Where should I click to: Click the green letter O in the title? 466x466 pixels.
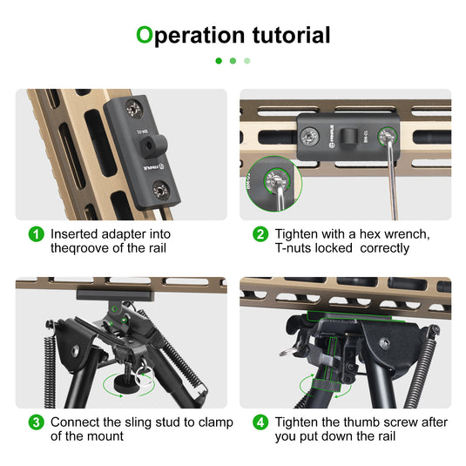coord(145,36)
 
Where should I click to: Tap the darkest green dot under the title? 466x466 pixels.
coord(218,61)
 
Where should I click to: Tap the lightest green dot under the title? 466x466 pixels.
coord(247,61)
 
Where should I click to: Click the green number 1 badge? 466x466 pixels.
coord(36,234)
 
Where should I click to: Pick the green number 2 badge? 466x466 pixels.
coord(260,234)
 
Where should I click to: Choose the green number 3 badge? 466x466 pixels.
coord(36,422)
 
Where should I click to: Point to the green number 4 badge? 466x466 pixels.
coord(260,422)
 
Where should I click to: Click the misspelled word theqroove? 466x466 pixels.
coord(82,248)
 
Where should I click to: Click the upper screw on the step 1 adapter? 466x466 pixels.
coord(134,109)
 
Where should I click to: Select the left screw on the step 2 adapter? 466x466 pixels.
coord(311,137)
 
